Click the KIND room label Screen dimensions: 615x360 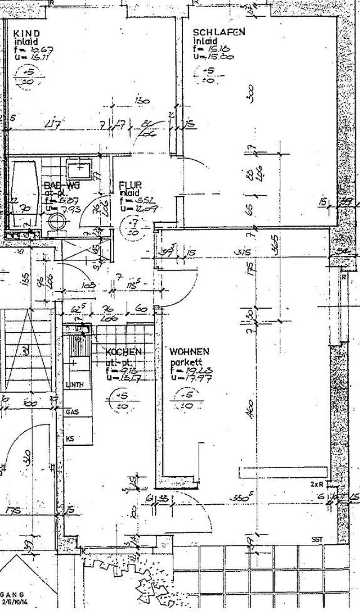[27, 33]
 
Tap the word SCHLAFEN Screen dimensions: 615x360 [219, 32]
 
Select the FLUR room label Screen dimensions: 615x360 [131, 184]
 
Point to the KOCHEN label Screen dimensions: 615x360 [124, 351]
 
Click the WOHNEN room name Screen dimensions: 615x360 [189, 351]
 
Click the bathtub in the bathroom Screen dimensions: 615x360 [24, 194]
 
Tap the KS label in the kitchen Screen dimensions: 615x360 [70, 438]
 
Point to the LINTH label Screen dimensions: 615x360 [74, 384]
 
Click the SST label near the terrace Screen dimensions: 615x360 [317, 539]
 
